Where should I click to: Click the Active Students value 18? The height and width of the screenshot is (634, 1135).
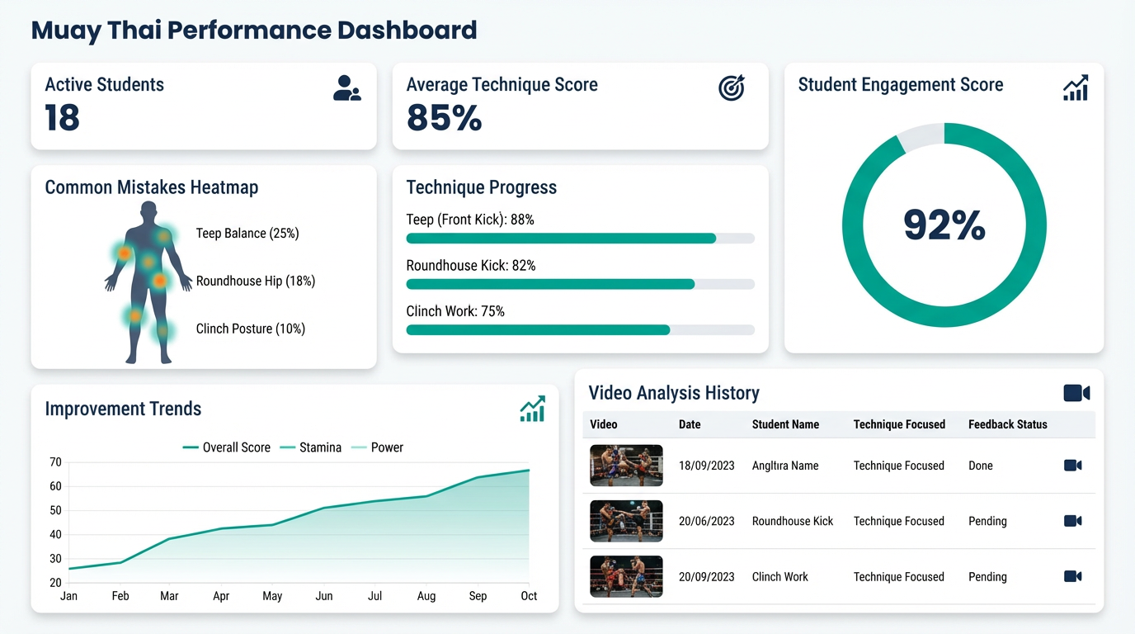pyautogui.click(x=63, y=118)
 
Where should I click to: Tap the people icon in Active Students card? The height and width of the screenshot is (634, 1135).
pyautogui.click(x=346, y=88)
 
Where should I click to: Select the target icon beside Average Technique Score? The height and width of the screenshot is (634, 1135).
pyautogui.click(x=732, y=88)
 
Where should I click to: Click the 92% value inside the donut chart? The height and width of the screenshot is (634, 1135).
pyautogui.click(x=944, y=225)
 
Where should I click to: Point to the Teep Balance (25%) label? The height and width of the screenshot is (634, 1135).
pyautogui.click(x=247, y=234)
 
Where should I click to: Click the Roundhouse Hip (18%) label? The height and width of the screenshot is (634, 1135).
pyautogui.click(x=256, y=282)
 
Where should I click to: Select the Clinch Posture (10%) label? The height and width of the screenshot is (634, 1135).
pyautogui.click(x=251, y=329)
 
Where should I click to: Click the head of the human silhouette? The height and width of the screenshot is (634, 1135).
pyautogui.click(x=148, y=211)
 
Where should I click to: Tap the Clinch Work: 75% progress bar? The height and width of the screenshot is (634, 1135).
pyautogui.click(x=580, y=330)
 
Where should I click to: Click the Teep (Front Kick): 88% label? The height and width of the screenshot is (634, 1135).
pyautogui.click(x=470, y=220)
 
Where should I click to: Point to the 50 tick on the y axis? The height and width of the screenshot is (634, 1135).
pyautogui.click(x=55, y=510)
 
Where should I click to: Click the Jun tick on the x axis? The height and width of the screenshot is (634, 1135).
pyautogui.click(x=324, y=596)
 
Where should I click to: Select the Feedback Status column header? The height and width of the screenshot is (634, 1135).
pyautogui.click(x=1007, y=424)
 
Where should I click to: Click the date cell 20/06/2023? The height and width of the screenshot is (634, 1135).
pyautogui.click(x=706, y=521)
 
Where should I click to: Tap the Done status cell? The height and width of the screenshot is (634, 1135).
pyautogui.click(x=981, y=466)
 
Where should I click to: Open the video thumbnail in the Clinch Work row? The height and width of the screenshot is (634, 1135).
pyautogui.click(x=626, y=576)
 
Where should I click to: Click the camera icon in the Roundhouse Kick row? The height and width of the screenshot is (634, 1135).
pyautogui.click(x=1072, y=521)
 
